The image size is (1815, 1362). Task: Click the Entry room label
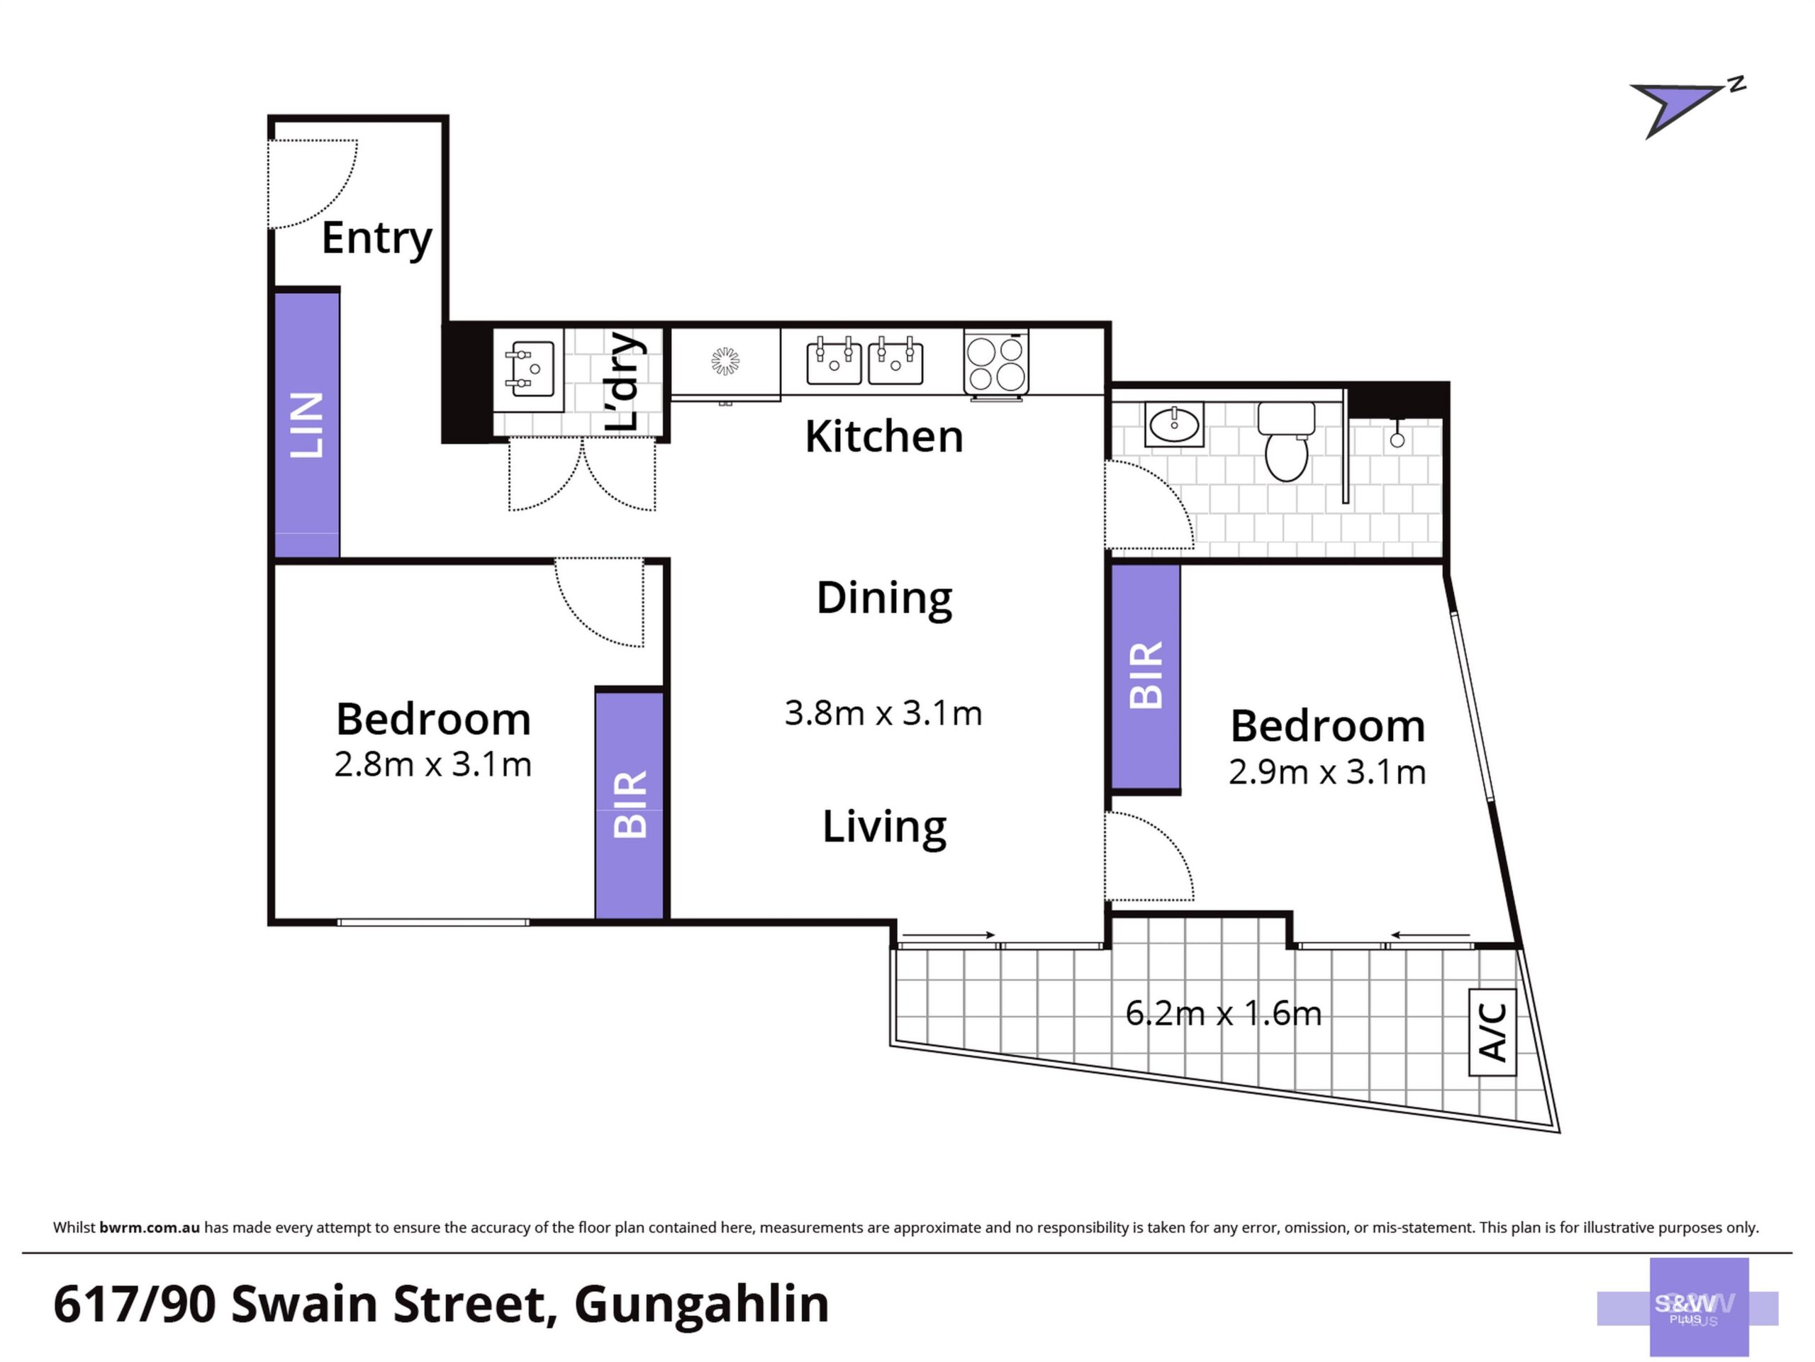coord(376,239)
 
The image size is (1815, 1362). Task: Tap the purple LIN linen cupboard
coord(306,424)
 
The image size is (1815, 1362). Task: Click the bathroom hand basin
coord(1173,423)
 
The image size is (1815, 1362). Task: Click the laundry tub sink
coord(528,370)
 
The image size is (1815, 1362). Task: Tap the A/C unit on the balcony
coord(1492,1032)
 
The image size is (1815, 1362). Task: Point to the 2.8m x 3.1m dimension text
coord(433,765)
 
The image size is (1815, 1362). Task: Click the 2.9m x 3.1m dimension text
coord(1327,772)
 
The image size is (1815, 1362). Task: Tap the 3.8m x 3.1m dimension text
coord(883,713)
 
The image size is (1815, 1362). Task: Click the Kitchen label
coord(883,437)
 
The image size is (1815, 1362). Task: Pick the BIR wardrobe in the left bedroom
coord(630,805)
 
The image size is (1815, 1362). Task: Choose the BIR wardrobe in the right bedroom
coord(1146,676)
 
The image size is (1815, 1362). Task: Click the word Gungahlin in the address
coord(702,1305)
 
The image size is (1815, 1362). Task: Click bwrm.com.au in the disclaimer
coord(150,1227)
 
